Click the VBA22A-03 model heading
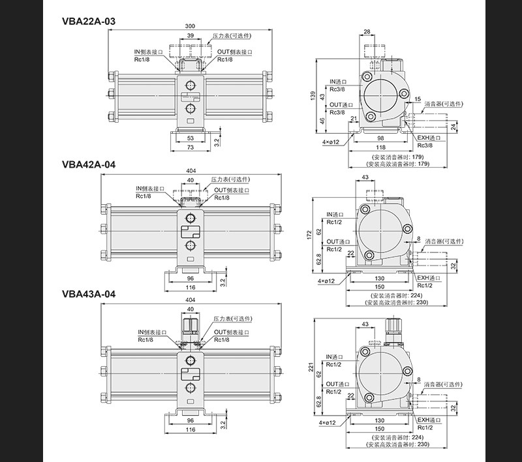[89, 22]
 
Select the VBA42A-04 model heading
[89, 164]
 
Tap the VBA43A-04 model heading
[89, 294]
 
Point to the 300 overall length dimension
[190, 26]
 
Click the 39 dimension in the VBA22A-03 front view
[190, 36]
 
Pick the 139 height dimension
[313, 97]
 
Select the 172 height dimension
[309, 235]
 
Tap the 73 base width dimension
[190, 147]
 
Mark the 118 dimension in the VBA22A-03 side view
[380, 147]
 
